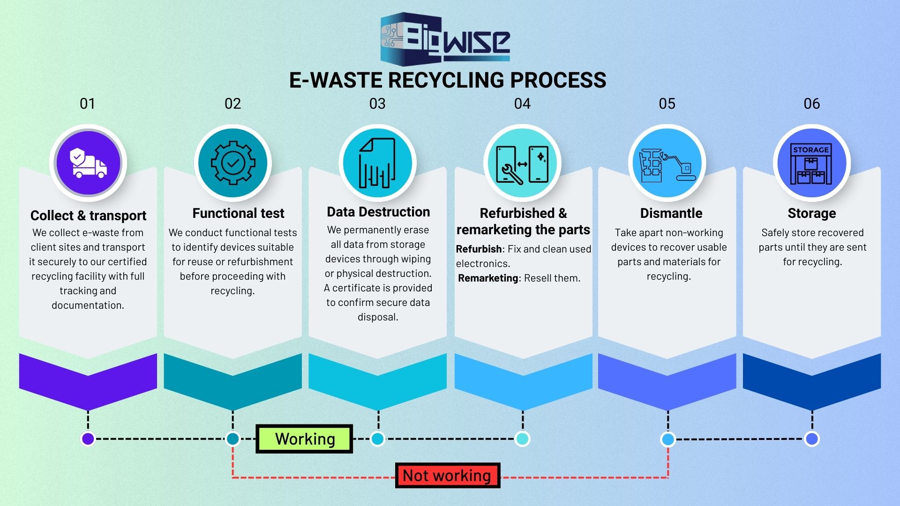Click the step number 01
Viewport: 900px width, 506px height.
point(88,104)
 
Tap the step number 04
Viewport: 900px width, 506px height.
point(522,104)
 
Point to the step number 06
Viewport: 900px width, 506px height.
point(812,104)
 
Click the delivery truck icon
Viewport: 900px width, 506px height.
point(88,163)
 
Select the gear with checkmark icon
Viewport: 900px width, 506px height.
point(233,163)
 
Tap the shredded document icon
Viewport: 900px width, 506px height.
point(377,163)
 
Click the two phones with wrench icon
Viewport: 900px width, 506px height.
point(522,164)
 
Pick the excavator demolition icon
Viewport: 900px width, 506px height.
point(667,164)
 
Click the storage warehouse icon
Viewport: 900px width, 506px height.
point(811,164)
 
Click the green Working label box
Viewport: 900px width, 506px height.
point(304,439)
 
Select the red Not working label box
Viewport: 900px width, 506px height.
point(448,476)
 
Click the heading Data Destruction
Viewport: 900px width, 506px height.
point(378,212)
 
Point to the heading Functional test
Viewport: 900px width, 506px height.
point(238,213)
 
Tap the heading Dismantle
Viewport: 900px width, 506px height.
point(671,213)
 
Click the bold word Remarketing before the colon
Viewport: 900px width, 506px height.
point(487,278)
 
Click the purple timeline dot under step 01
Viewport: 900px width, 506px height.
point(88,439)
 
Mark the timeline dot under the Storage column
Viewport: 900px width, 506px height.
point(812,439)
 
